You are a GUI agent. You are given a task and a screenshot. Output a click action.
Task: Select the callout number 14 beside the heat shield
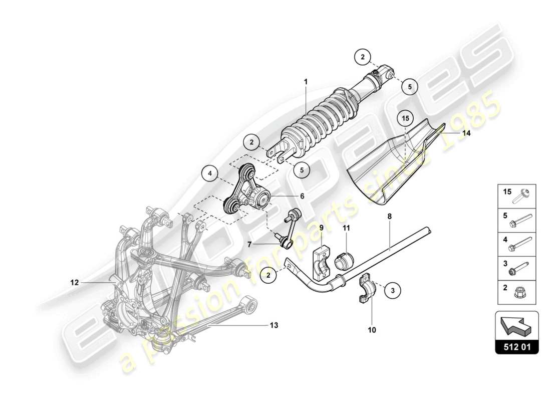coord(466,133)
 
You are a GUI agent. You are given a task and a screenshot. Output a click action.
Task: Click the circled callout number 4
coord(210,174)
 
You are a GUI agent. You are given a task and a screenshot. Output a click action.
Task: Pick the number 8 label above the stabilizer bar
coord(389,217)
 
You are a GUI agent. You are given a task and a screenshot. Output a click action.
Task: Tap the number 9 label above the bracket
coord(322,228)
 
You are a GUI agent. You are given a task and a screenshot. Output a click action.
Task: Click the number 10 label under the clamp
coord(372,330)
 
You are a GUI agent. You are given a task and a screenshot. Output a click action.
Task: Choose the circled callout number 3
coord(393,289)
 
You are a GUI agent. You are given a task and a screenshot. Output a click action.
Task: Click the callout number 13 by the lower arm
coord(273,325)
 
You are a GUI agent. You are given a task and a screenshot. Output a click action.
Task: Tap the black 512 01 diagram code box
coord(517,346)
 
